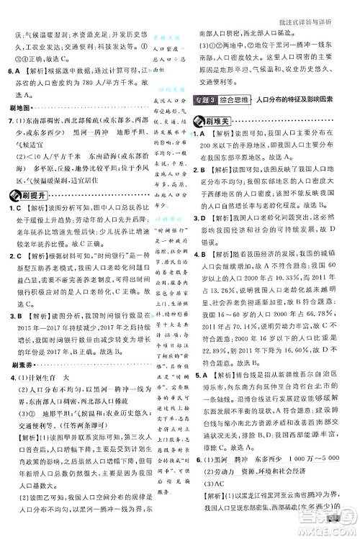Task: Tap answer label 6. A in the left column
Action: pos(13,71)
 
